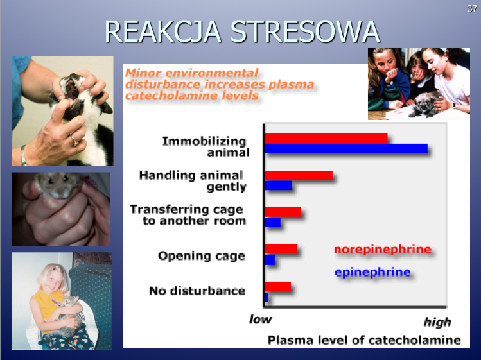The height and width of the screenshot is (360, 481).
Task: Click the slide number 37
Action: pyautogui.click(x=472, y=8)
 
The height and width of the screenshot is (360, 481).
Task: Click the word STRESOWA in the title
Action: pyautogui.click(x=305, y=31)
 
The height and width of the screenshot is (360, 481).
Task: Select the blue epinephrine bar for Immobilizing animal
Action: pyautogui.click(x=346, y=148)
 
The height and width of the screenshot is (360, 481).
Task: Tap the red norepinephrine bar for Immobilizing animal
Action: pyautogui.click(x=326, y=139)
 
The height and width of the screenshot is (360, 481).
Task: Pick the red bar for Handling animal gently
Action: pyautogui.click(x=299, y=175)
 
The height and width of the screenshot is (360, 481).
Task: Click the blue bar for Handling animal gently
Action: pyautogui.click(x=278, y=185)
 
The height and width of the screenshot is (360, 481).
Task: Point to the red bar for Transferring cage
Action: pyautogui.click(x=283, y=212)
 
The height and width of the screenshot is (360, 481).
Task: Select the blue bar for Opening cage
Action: pyautogui.click(x=270, y=260)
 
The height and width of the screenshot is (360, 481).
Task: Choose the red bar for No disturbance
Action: pyautogui.click(x=278, y=287)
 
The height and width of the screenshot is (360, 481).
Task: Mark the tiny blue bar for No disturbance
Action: pyautogui.click(x=267, y=297)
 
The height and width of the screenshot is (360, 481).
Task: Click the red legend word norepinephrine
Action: pyautogui.click(x=383, y=250)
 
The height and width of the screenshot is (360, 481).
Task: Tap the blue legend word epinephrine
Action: pyautogui.click(x=372, y=272)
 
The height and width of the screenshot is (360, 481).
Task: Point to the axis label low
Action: pyautogui.click(x=261, y=319)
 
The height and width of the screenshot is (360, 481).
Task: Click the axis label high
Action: pyautogui.click(x=437, y=322)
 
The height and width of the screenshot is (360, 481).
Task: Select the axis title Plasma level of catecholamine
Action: pyautogui.click(x=364, y=340)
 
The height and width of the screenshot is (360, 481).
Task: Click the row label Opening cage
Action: pyautogui.click(x=202, y=256)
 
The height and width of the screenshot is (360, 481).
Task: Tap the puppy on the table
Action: pyautogui.click(x=424, y=104)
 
